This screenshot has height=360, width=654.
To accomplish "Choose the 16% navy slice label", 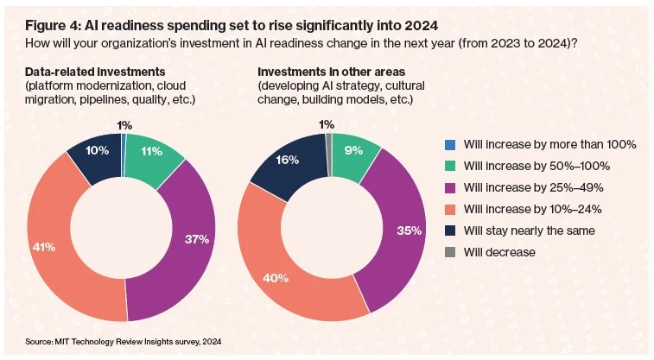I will [x=287, y=161].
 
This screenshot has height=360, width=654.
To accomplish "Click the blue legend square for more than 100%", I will [x=449, y=144].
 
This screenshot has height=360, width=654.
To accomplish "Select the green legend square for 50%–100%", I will [x=449, y=166].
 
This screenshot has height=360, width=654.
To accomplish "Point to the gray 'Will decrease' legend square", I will [x=449, y=252].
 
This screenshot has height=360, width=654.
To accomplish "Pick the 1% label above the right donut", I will [x=327, y=124].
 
